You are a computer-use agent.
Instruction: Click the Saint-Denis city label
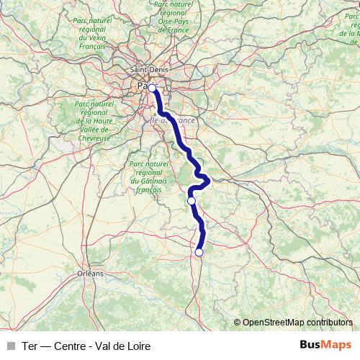click(148, 70)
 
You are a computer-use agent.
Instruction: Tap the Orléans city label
click(91, 274)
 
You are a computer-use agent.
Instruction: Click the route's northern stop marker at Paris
click(152, 88)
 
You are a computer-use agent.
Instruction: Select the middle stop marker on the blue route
click(192, 201)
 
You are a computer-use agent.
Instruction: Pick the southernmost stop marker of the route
click(199, 252)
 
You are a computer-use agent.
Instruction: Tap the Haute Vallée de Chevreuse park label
click(94, 120)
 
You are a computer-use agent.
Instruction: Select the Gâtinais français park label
click(148, 177)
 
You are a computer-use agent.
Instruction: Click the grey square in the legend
click(11, 346)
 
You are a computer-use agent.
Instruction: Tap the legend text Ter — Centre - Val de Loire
click(86, 346)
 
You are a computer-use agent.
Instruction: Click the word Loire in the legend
click(138, 346)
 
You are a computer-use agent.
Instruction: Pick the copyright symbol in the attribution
click(237, 323)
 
